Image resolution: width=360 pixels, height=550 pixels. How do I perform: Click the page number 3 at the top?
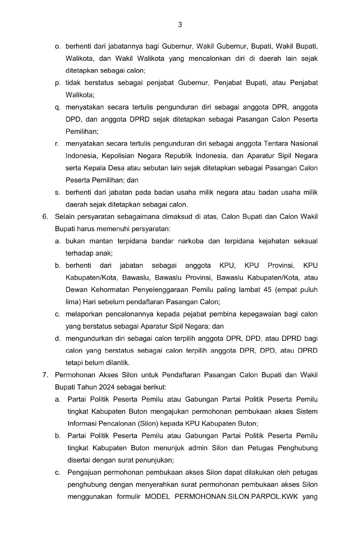pos(180,25)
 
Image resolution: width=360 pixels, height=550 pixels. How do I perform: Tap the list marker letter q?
pos(57,107)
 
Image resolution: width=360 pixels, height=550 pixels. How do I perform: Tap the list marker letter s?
pos(57,192)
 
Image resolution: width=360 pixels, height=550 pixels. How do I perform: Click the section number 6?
pos(45,216)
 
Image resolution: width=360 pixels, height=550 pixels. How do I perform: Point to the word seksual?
pos(306,241)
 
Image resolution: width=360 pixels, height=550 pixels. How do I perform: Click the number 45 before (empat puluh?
pos(267,290)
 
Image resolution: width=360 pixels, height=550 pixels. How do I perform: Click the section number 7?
pos(45,375)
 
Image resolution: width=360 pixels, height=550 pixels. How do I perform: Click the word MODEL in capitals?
pos(157,497)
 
